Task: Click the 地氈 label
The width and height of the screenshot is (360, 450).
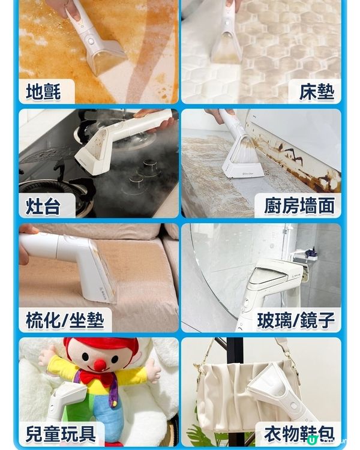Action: pyautogui.click(x=43, y=92)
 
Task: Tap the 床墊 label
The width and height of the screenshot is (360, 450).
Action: pyautogui.click(x=316, y=92)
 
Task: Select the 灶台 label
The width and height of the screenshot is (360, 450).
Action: pyautogui.click(x=43, y=206)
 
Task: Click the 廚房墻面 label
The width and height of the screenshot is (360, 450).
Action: pyautogui.click(x=299, y=206)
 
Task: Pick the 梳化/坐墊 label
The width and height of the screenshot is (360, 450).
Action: pyautogui.click(x=65, y=320)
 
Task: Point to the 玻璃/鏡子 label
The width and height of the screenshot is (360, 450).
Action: pyautogui.click(x=295, y=320)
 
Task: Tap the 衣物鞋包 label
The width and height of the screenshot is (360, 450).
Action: pyautogui.click(x=298, y=434)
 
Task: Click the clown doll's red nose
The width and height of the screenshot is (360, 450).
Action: pyautogui.click(x=100, y=365)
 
